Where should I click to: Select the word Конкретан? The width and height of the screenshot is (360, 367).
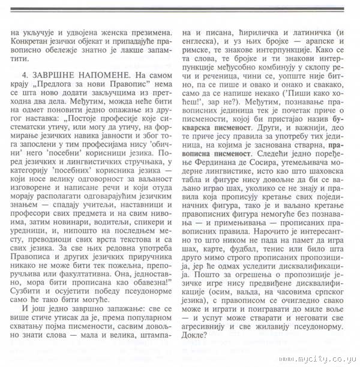pos(33,42)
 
